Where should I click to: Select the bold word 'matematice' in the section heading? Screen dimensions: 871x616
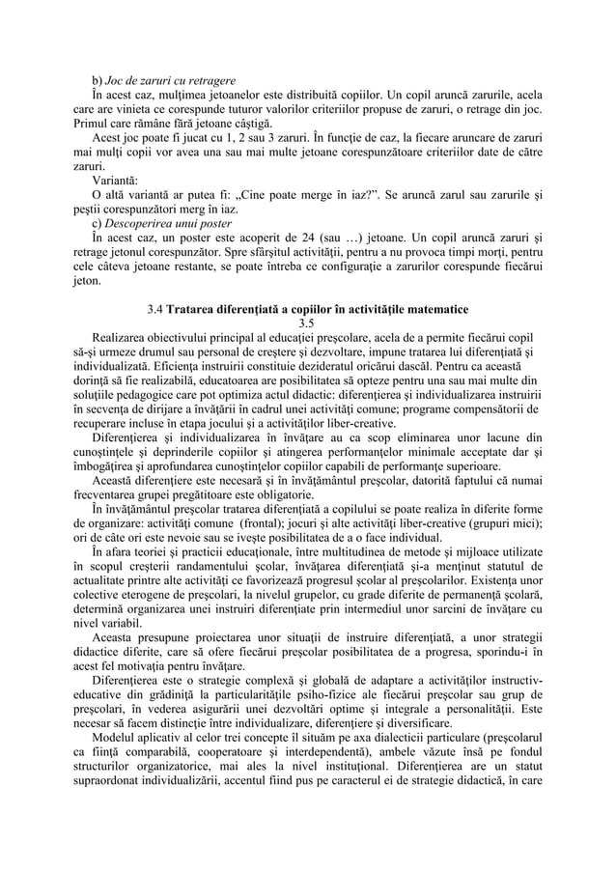click(x=436, y=310)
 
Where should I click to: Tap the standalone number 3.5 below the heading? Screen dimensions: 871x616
click(x=308, y=323)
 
